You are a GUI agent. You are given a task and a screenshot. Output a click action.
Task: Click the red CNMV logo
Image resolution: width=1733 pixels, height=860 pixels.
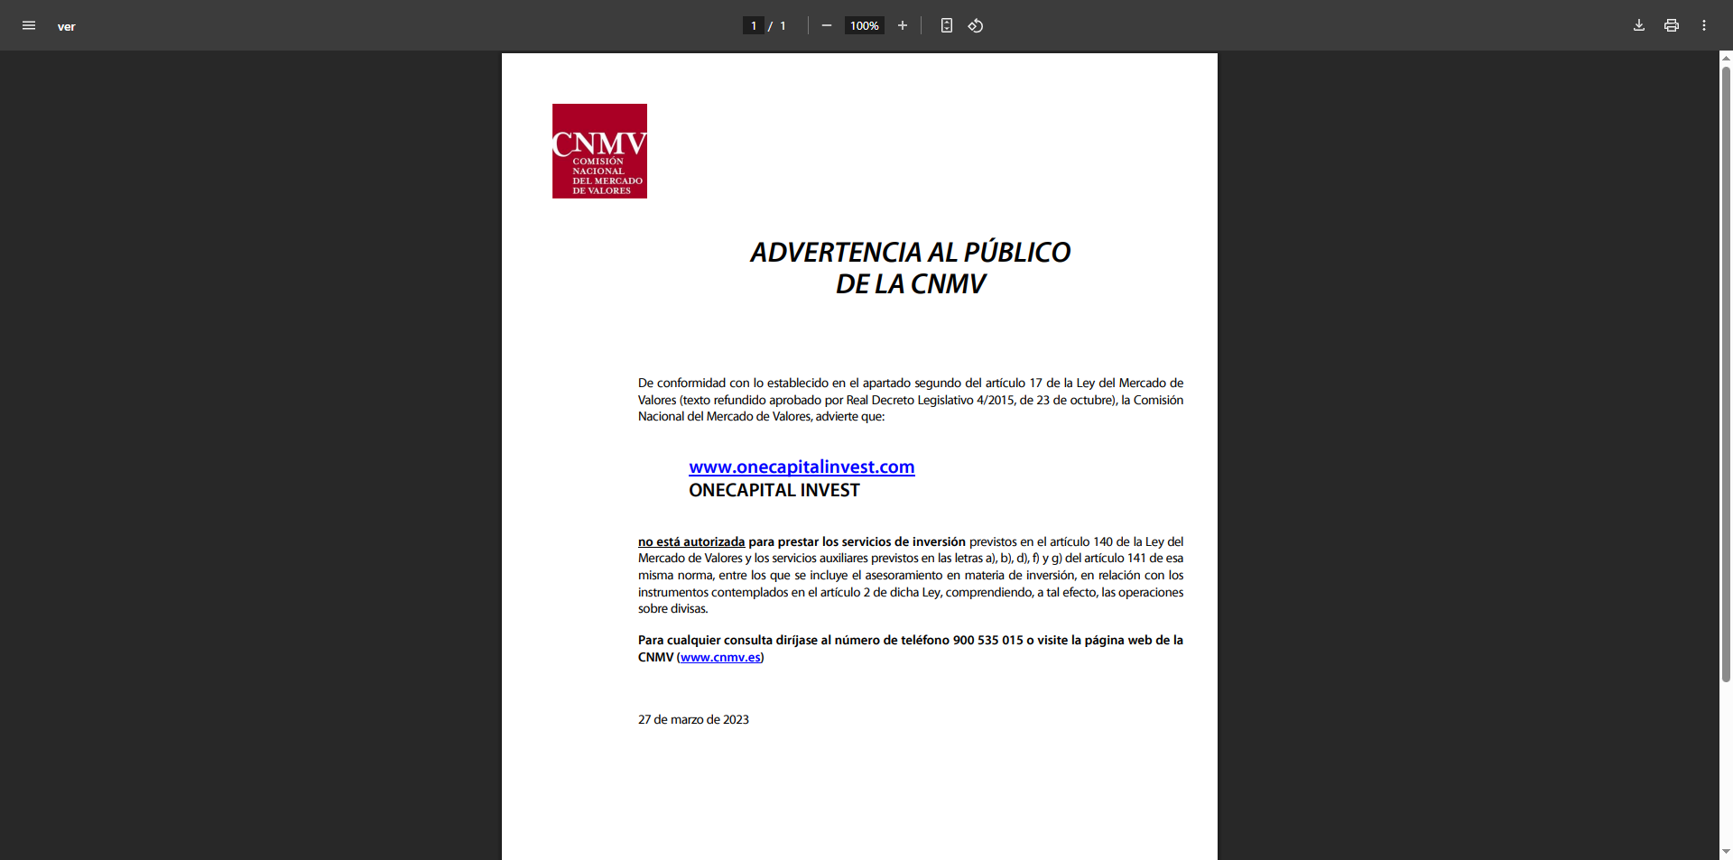[x=599, y=151]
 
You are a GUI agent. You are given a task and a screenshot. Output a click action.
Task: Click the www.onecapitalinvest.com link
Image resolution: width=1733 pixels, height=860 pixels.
[x=802, y=467]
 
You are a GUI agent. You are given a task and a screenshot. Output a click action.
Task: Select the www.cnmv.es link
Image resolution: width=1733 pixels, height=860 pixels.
[x=720, y=657]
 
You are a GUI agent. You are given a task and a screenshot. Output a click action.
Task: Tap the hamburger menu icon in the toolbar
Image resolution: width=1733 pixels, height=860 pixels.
[x=29, y=25]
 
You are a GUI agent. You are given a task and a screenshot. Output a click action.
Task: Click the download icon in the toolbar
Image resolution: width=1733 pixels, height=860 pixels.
[x=1639, y=25]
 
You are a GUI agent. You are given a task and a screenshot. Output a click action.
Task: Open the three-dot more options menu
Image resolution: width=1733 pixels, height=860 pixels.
[x=1704, y=25]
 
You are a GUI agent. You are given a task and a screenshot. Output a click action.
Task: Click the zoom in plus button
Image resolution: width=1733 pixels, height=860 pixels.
[x=902, y=25]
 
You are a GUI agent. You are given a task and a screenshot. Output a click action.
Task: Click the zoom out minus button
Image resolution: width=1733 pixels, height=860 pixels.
[x=826, y=25]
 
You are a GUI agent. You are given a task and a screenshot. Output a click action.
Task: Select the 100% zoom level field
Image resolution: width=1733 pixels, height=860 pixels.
[x=864, y=25]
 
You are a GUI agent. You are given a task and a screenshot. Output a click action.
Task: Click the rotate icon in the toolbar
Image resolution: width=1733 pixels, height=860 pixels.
[x=976, y=25]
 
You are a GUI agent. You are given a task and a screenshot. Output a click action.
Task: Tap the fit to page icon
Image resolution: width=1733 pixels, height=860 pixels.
[x=946, y=25]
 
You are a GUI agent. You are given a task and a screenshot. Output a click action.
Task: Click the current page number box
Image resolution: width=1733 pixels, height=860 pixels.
[x=754, y=25]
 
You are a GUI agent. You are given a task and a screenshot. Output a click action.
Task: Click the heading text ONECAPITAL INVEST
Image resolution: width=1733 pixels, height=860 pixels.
[x=774, y=490]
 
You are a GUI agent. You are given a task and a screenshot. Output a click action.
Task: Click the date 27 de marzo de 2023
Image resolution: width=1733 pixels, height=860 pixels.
[x=693, y=719]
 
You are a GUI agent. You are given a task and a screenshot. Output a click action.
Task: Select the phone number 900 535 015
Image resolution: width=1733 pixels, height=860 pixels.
[x=987, y=640]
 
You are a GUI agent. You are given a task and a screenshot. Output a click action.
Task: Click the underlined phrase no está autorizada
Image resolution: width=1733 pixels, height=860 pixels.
[x=691, y=541]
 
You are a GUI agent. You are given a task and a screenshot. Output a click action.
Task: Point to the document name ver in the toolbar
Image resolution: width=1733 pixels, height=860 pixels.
[x=66, y=26]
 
